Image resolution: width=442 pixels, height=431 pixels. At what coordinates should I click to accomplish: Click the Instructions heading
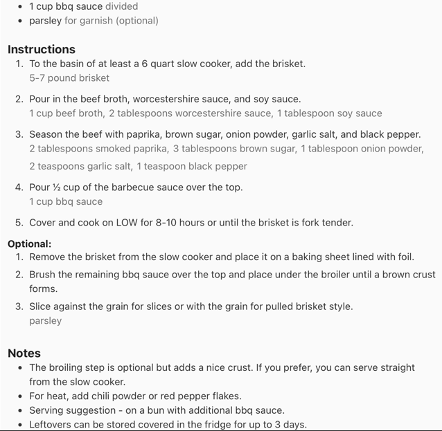(x=42, y=50)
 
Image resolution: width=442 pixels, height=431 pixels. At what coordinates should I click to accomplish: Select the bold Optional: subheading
(x=30, y=244)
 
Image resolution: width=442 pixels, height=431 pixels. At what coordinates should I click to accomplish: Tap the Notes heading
(x=24, y=353)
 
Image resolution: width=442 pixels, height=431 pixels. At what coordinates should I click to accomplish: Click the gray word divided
(x=121, y=6)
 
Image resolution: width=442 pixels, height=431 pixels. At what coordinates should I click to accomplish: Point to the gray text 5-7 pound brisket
(x=69, y=78)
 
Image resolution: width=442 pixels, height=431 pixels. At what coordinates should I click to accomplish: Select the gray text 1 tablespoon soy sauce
(x=329, y=113)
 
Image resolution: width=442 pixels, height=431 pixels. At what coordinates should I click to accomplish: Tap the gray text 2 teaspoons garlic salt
(x=80, y=167)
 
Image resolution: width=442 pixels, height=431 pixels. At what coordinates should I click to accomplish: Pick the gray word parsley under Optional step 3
(x=45, y=321)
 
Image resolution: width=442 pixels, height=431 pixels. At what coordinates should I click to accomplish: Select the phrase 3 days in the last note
(x=290, y=425)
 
